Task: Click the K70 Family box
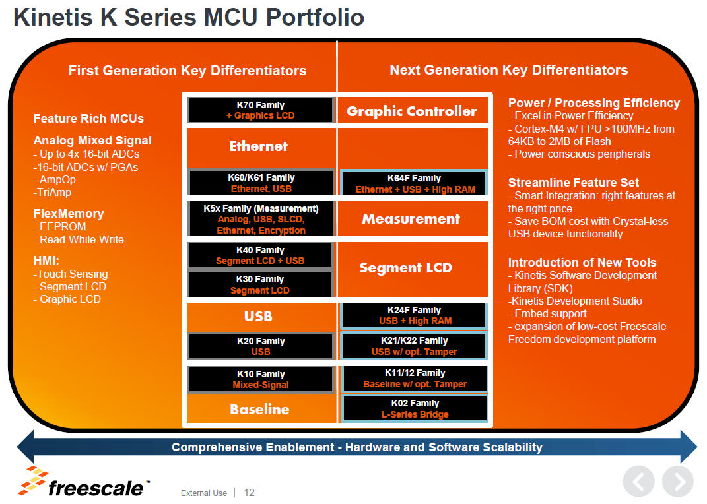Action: (261, 110)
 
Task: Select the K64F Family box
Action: (414, 183)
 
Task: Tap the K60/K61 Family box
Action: (261, 183)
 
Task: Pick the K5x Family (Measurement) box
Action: (261, 220)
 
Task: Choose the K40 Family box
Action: (260, 255)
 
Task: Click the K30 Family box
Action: (260, 284)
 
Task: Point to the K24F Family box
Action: (415, 315)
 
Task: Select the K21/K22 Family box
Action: (415, 346)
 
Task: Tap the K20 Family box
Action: (261, 346)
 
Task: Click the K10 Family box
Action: (261, 379)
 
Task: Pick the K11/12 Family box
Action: (415, 379)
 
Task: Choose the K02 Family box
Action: (415, 408)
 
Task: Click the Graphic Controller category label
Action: (412, 111)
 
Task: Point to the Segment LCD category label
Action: (406, 268)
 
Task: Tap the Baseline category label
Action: (259, 409)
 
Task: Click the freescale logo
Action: (83, 482)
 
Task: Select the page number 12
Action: (249, 493)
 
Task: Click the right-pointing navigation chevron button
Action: (678, 482)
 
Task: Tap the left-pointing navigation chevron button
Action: (639, 482)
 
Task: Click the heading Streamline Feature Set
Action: (574, 183)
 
